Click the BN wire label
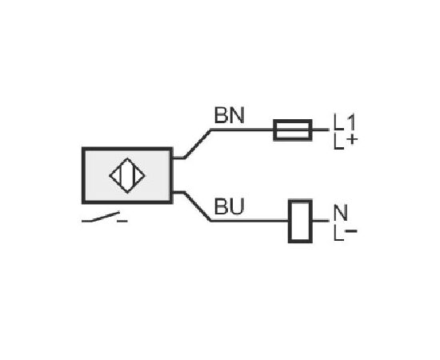pos(230,115)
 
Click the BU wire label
pos(230,206)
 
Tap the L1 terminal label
pos(345,122)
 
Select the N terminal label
pos(341,213)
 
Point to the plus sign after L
pos(352,139)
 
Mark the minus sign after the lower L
pos(350,231)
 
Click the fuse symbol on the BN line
pos(293,130)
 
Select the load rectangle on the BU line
pos(300,221)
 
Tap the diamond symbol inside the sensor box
pos(127,176)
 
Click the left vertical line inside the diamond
pos(120,176)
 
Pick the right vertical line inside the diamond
pos(134,176)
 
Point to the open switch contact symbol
pos(101,218)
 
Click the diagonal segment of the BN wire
pos(198,144)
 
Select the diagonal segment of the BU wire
pos(198,206)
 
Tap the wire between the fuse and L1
pos(321,130)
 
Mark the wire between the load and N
pos(321,221)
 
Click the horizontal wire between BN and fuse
pos(242,130)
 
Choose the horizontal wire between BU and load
pos(250,221)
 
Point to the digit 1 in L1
pos(351,122)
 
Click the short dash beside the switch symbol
pos(122,222)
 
